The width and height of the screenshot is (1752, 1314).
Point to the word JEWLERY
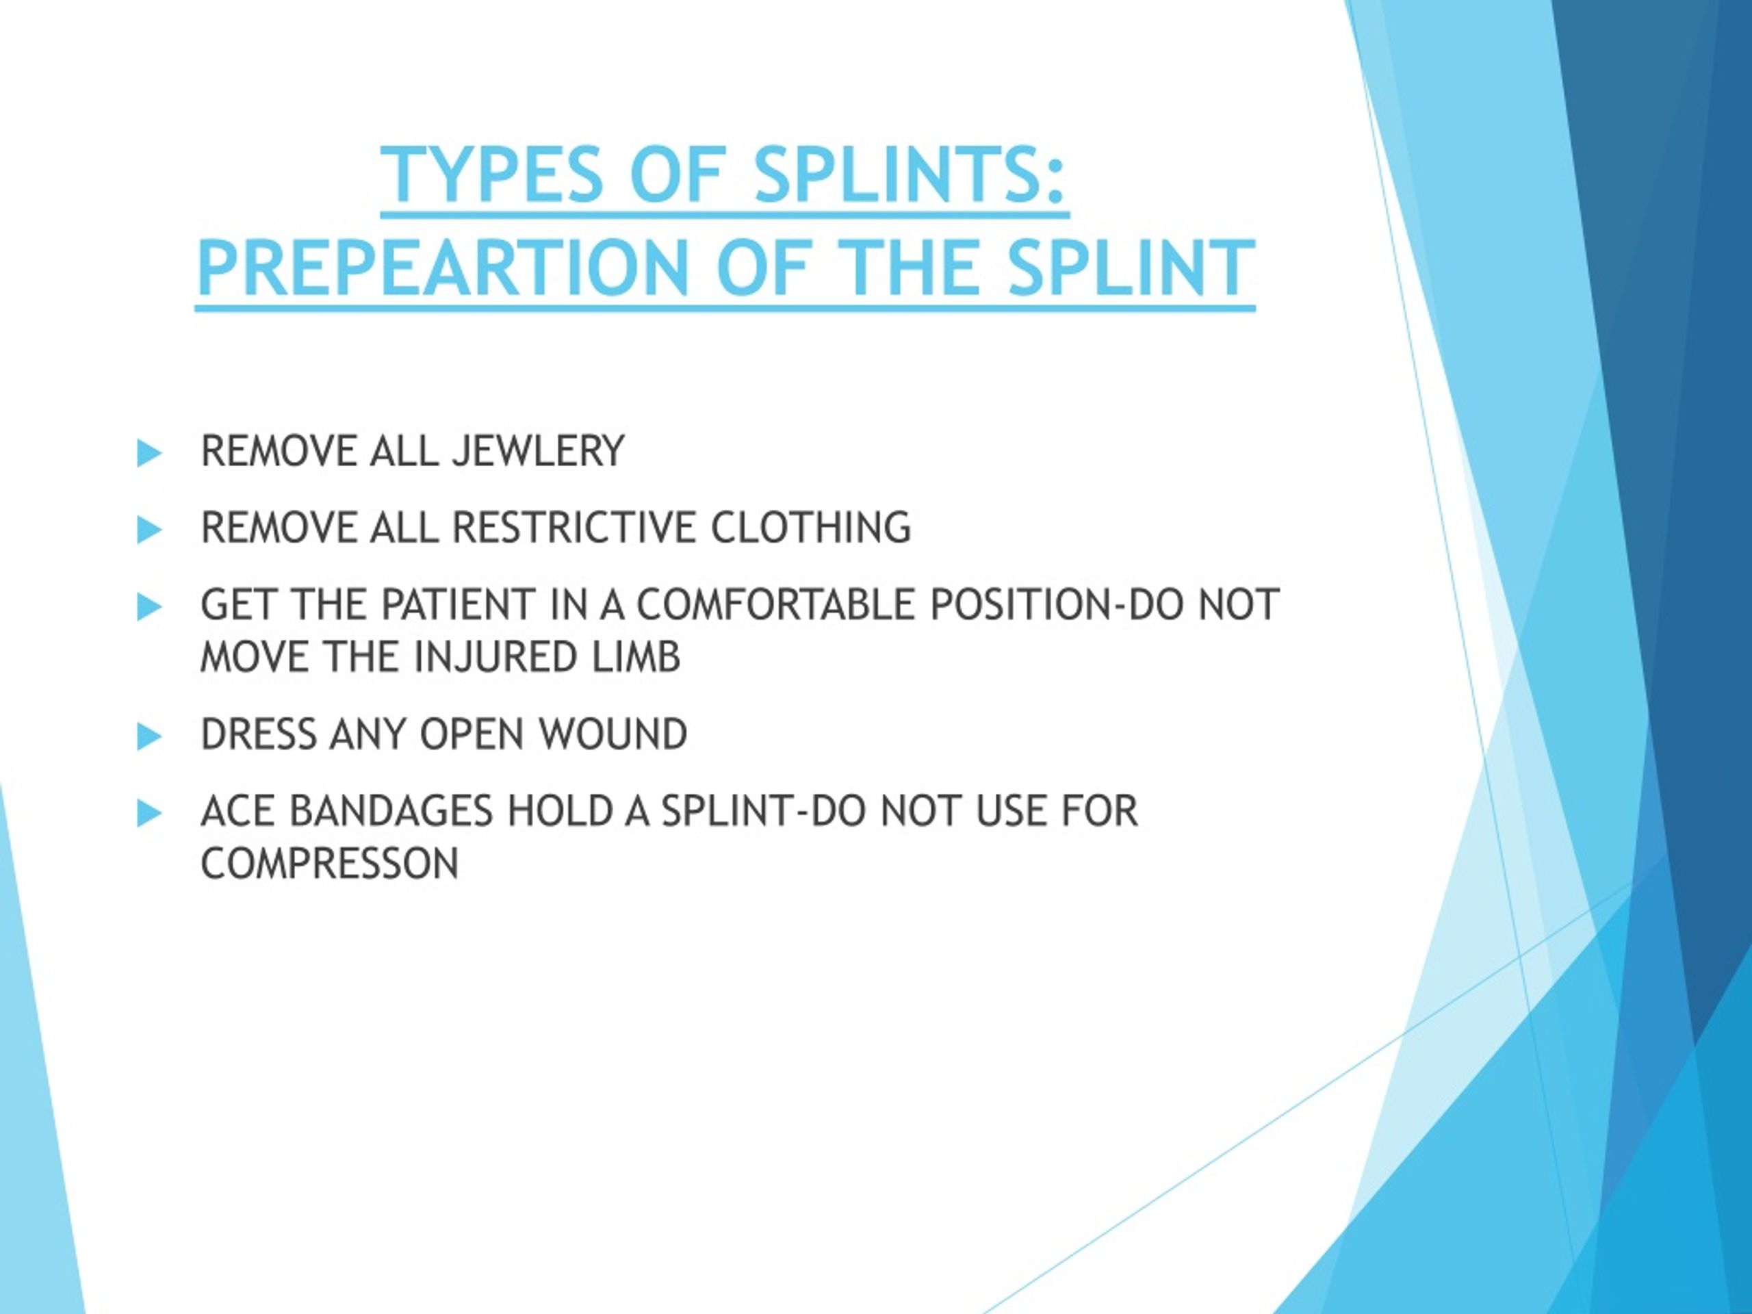point(538,452)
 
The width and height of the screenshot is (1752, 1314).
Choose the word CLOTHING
point(811,528)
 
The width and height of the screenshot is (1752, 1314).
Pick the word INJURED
point(497,658)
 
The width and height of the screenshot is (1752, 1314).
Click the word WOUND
point(613,734)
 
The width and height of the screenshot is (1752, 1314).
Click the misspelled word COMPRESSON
point(329,863)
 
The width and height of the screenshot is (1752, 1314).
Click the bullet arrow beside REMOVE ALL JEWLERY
point(149,453)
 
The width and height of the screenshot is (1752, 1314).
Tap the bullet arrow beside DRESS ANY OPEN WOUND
point(149,736)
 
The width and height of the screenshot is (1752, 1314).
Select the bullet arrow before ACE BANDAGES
point(149,812)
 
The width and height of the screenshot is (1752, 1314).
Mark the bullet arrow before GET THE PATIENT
point(149,607)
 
